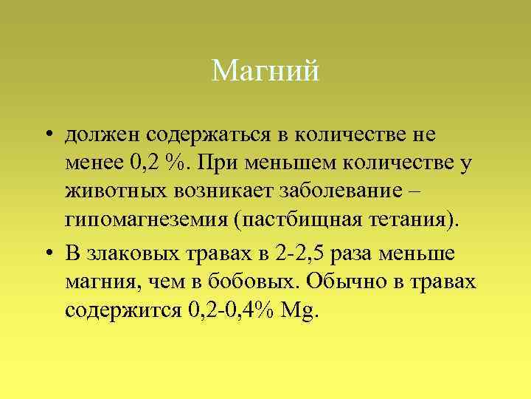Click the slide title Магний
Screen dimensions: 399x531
tap(265, 72)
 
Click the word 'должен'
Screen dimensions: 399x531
tap(103, 135)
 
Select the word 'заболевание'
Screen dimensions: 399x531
tap(333, 191)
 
